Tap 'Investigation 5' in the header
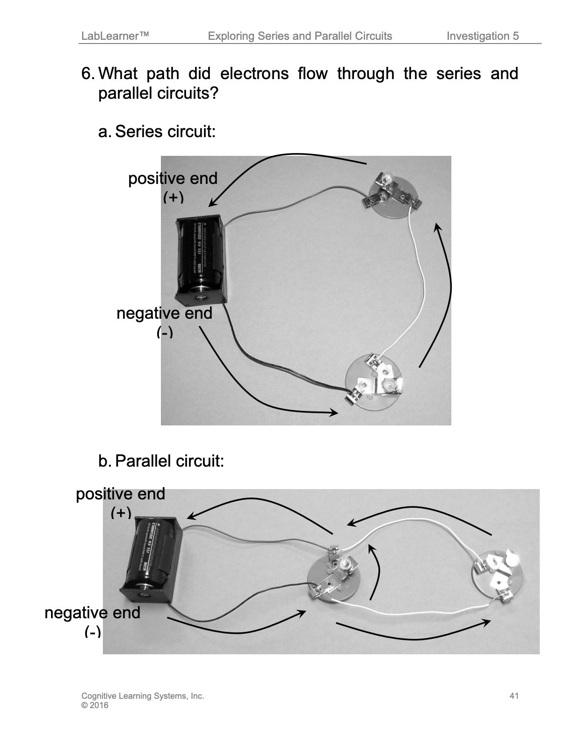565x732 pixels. point(482,36)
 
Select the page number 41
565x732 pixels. point(514,696)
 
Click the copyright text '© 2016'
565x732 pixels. point(94,705)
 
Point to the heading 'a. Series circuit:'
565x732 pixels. point(157,132)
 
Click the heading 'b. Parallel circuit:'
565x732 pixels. point(161,461)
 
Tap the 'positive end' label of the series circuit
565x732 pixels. point(173,179)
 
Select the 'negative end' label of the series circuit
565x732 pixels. point(164,313)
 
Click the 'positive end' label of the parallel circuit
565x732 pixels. point(120,494)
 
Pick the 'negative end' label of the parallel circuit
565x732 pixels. point(92,613)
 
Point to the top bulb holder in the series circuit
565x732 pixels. point(392,194)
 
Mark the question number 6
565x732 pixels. point(88,74)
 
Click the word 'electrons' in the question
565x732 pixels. point(254,74)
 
